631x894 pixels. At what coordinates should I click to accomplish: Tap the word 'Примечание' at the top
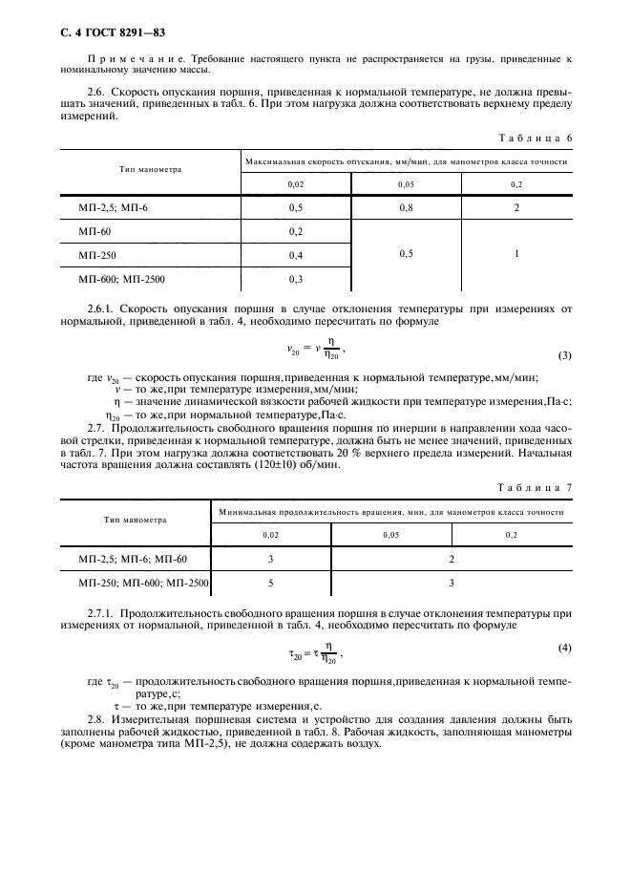pyautogui.click(x=119, y=58)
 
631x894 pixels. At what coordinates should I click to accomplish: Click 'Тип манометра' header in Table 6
pyautogui.click(x=150, y=169)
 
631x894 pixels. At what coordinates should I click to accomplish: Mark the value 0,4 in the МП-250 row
pyautogui.click(x=296, y=255)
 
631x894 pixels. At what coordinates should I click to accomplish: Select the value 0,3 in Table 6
pyautogui.click(x=296, y=279)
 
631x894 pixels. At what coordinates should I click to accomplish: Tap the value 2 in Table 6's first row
pyautogui.click(x=515, y=207)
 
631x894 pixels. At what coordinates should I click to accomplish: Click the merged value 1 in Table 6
pyautogui.click(x=515, y=255)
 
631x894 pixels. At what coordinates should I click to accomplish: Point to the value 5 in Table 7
pyautogui.click(x=271, y=581)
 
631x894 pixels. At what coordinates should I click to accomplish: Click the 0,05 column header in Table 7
pyautogui.click(x=389, y=535)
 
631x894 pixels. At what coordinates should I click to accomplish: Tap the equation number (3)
pyautogui.click(x=564, y=356)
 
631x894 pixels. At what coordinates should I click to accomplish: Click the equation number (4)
pyautogui.click(x=564, y=649)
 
